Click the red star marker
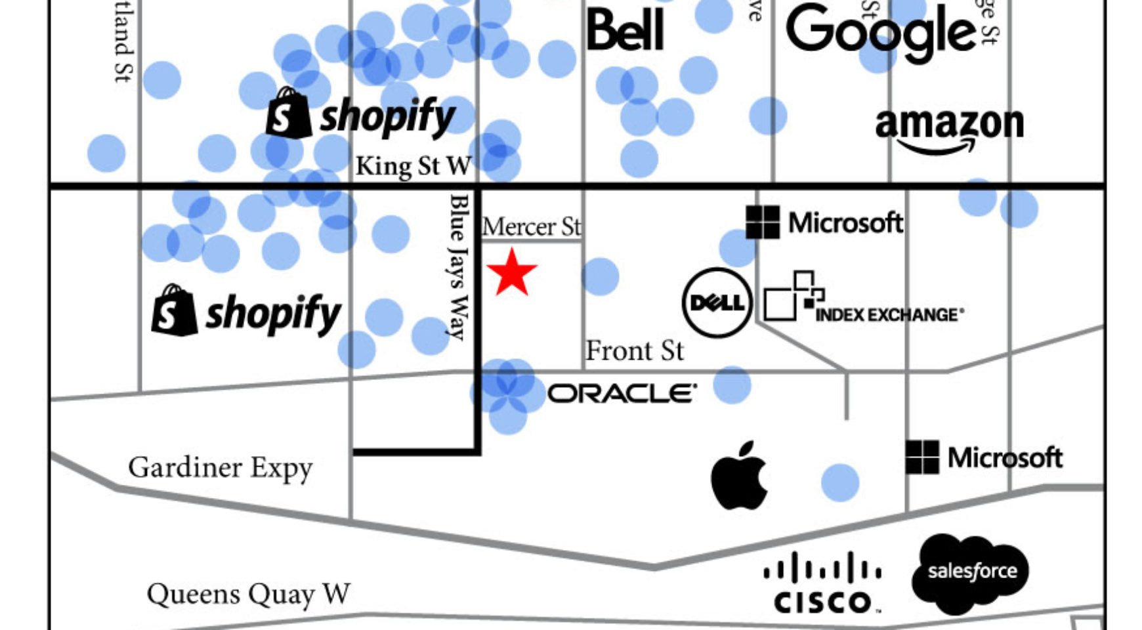tap(512, 272)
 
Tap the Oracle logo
tap(622, 394)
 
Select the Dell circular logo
tap(717, 303)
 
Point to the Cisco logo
tap(822, 582)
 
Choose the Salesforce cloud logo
tap(971, 572)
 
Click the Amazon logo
tap(949, 129)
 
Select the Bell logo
tap(625, 30)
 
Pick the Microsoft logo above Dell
tap(824, 222)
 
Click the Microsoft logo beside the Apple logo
tap(984, 457)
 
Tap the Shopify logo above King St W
tap(360, 114)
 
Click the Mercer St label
tap(532, 227)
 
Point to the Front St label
tap(634, 350)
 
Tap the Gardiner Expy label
tap(221, 468)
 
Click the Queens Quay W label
tap(248, 594)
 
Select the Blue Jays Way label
tap(459, 266)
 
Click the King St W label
tap(413, 166)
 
